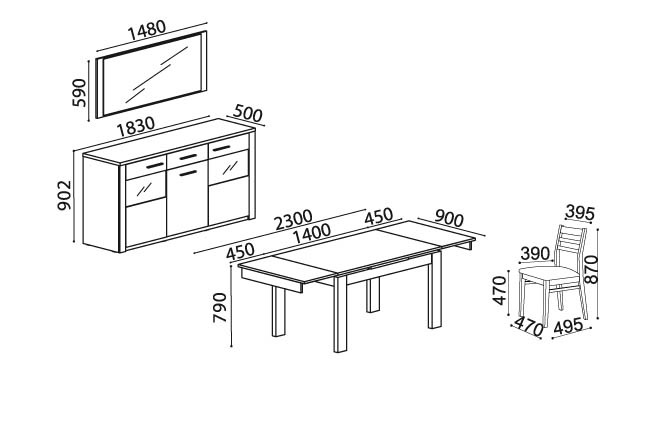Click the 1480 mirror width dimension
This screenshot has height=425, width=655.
click(147, 30)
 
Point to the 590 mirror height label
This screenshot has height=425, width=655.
click(79, 92)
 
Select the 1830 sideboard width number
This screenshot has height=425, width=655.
click(136, 126)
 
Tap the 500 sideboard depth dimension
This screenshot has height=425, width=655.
click(247, 113)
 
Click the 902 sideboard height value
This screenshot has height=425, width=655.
click(65, 195)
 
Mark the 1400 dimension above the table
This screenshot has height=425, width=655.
click(312, 234)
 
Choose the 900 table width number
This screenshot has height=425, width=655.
click(449, 218)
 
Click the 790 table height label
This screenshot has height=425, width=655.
click(220, 307)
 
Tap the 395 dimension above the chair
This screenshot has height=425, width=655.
click(580, 213)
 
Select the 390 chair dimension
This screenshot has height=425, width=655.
click(535, 253)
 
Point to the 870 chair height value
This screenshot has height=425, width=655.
click(591, 270)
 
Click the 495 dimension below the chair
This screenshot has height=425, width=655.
click(568, 326)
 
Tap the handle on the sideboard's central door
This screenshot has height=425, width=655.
click(188, 173)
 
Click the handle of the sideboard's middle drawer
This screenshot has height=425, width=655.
click(188, 157)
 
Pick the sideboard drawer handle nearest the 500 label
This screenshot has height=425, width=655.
click(221, 148)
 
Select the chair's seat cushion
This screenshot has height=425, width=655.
click(548, 274)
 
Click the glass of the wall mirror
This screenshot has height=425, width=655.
click(152, 75)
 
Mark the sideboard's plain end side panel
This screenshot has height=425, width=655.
click(101, 203)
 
